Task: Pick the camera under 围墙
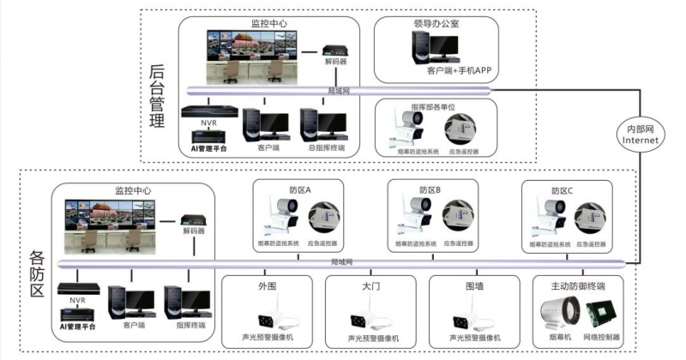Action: (x=474, y=320)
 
